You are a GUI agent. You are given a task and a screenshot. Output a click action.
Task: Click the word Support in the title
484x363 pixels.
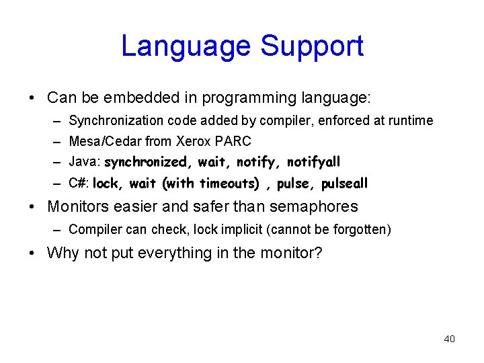(x=312, y=46)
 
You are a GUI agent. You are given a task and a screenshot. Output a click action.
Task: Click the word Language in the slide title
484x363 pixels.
(x=186, y=46)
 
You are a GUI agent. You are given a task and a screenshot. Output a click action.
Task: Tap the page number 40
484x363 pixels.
(x=449, y=339)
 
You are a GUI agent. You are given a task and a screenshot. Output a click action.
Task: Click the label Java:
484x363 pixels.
(x=85, y=162)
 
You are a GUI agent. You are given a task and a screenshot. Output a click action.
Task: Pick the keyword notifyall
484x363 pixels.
(x=314, y=163)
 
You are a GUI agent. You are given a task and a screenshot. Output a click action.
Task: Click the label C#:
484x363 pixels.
(x=79, y=184)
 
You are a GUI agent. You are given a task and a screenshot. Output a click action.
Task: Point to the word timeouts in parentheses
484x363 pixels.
(x=228, y=184)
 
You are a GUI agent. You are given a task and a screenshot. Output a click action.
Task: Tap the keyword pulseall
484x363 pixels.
(x=345, y=184)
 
